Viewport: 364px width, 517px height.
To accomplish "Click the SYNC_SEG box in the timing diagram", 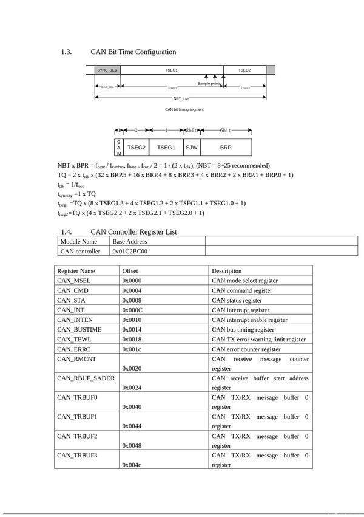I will click(107, 70).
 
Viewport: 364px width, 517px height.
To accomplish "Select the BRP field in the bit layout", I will click(225, 147).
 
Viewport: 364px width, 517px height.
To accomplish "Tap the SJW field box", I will click(192, 147).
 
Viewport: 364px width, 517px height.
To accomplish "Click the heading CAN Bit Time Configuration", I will click(133, 52).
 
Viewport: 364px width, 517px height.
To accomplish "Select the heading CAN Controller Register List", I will click(133, 231).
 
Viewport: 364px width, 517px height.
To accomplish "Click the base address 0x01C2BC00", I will click(130, 251).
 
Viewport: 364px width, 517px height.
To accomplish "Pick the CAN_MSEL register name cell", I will click(74, 281).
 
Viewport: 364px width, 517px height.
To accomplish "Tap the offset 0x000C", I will click(132, 310).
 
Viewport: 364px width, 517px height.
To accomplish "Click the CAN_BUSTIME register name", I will click(79, 329).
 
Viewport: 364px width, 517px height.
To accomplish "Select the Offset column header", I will click(130, 271).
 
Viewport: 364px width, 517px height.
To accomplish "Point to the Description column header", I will click(227, 271).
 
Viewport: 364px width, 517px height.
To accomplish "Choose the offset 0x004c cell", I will click(132, 465).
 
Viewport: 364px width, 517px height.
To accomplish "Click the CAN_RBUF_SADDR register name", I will click(86, 378).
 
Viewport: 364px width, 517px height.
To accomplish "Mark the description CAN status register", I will click(237, 300).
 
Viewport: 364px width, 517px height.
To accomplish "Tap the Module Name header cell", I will click(79, 241).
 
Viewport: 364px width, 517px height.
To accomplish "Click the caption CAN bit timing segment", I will click(184, 109).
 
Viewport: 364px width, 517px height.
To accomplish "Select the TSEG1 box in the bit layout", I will click(166, 147).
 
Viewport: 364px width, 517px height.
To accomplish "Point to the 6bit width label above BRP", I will click(225, 131).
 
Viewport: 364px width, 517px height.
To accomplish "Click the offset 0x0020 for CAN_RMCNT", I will click(132, 368).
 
